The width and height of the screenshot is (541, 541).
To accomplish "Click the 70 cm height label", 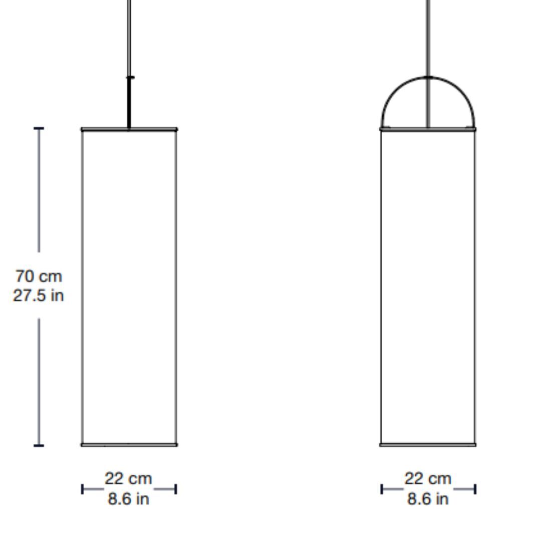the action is (x=39, y=277).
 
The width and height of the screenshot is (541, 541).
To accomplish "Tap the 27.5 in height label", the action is (x=38, y=296).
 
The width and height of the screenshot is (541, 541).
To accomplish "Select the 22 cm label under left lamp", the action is (x=128, y=478).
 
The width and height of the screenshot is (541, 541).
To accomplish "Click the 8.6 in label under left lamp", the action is (x=128, y=499).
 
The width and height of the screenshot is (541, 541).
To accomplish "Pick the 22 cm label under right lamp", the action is (x=428, y=478).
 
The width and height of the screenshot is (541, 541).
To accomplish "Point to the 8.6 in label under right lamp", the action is (x=428, y=499).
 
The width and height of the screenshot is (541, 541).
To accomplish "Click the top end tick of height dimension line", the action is (x=39, y=128).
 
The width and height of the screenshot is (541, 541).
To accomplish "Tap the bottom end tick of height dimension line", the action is (x=39, y=445).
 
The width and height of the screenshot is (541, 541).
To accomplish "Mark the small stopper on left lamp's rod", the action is (x=130, y=77).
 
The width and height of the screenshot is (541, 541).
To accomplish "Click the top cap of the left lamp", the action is (x=129, y=129).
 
